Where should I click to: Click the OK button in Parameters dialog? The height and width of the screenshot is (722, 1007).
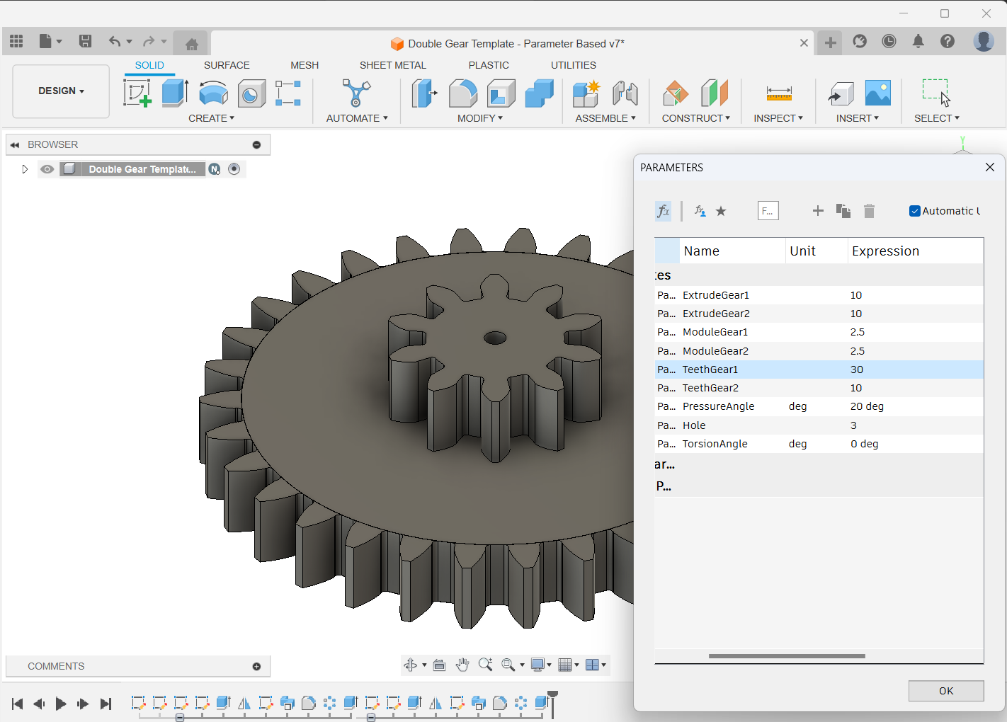pos(945,691)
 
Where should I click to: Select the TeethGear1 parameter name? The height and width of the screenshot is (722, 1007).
pos(710,369)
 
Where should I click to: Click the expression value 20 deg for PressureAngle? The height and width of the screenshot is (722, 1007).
pos(867,406)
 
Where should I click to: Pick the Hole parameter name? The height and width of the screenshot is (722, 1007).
pos(694,425)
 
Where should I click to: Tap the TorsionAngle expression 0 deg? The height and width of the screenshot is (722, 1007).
pos(864,444)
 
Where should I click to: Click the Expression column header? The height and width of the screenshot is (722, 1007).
pos(885,251)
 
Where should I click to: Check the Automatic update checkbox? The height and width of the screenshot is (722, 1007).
pos(915,211)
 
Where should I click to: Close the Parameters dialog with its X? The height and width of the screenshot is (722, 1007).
pos(989,167)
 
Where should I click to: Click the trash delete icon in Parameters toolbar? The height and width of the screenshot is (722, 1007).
pos(869,211)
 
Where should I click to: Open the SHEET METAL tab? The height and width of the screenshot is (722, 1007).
pos(392,65)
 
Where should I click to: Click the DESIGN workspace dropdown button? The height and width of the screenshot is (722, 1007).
pos(61,91)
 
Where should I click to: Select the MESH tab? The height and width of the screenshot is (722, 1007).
pos(305,65)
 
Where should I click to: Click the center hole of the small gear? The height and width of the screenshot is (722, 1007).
pos(495,338)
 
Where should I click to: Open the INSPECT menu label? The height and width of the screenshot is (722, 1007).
pos(778,118)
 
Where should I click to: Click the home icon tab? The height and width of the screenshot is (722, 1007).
pos(191,44)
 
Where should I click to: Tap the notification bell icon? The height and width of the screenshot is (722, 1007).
pos(918,42)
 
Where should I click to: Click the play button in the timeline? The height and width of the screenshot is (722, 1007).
pos(61,704)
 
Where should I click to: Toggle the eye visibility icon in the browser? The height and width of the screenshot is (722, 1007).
pos(47,169)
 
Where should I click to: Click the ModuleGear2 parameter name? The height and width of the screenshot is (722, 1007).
pos(715,351)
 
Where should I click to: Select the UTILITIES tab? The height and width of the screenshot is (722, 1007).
pos(573,65)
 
